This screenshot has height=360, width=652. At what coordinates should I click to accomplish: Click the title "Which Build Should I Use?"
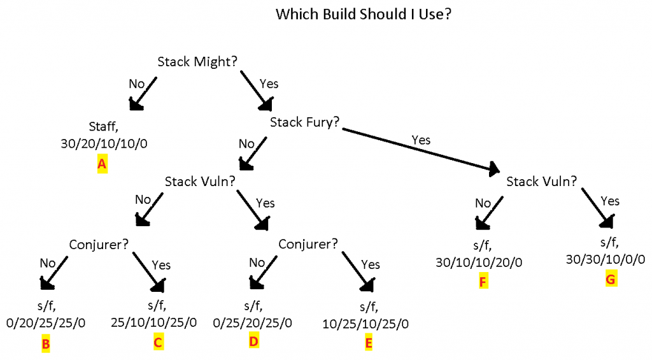[364, 14]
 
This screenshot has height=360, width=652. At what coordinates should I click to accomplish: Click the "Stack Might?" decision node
[198, 61]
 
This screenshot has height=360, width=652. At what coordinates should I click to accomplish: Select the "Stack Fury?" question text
[305, 122]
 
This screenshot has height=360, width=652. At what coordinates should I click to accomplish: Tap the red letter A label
[101, 164]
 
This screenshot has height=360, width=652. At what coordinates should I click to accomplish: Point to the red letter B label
[46, 345]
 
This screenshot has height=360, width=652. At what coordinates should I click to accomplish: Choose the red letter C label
[159, 342]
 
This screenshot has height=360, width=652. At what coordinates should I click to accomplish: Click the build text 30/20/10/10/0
[104, 143]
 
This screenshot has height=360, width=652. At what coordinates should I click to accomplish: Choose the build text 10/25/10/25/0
[366, 324]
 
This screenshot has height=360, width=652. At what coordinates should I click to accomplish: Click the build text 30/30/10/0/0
[606, 259]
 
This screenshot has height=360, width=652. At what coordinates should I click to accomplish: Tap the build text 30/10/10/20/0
[481, 262]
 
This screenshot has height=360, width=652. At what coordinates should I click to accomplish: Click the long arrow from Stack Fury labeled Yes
[420, 150]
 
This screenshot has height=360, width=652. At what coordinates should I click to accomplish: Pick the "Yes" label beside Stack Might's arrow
[269, 83]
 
